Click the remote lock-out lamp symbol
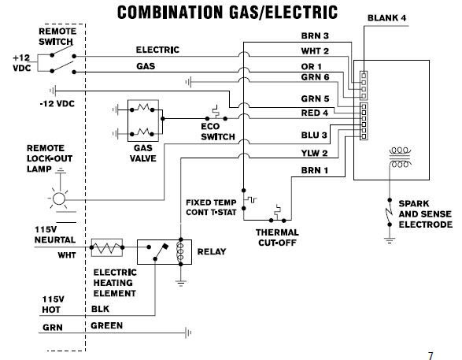pos(58,199)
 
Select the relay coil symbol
pos(179,252)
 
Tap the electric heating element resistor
pos(107,247)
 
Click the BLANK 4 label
pos(386,18)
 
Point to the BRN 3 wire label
pos(315,35)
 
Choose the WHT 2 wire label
pos(315,51)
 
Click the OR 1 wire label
pos(311,67)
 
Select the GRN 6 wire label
pos(315,77)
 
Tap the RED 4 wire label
pos(314,113)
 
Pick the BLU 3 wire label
pos(314,135)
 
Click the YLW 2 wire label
pos(314,153)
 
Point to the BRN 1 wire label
pos(314,170)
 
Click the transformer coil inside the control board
pos(400,157)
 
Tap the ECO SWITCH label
pos(218,132)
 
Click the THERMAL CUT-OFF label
pos(277,237)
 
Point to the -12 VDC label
pos(57,104)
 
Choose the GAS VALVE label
pos(143,153)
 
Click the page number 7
pos(431,355)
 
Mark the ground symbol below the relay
pos(180,284)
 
